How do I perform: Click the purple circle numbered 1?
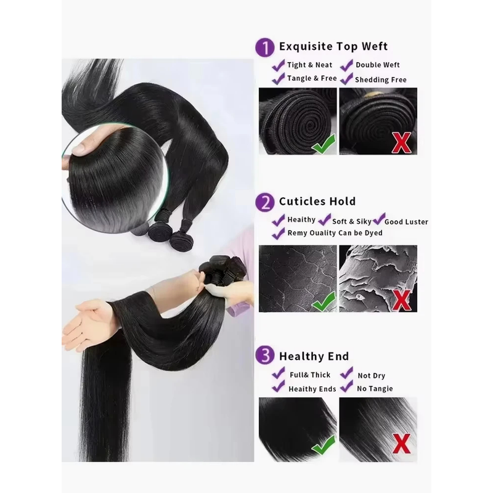[x=265, y=47]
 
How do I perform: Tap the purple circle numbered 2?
[x=265, y=202]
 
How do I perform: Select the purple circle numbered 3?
[x=265, y=356]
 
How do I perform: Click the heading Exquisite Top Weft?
[x=333, y=47]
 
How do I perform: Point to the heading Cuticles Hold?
[x=317, y=202]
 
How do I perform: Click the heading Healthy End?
[x=314, y=356]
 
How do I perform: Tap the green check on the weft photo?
[x=324, y=144]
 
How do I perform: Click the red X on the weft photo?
[x=401, y=142]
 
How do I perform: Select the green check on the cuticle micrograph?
[x=324, y=301]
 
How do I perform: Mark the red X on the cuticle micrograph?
[x=401, y=300]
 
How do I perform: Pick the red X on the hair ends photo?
[x=401, y=444]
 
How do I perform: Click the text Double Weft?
[x=378, y=65]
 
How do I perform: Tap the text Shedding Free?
[x=381, y=80]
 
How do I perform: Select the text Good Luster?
[x=406, y=222]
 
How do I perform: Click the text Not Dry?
[x=372, y=375]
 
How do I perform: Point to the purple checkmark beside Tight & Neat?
[x=279, y=65]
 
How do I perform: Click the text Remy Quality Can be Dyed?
[x=335, y=233]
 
